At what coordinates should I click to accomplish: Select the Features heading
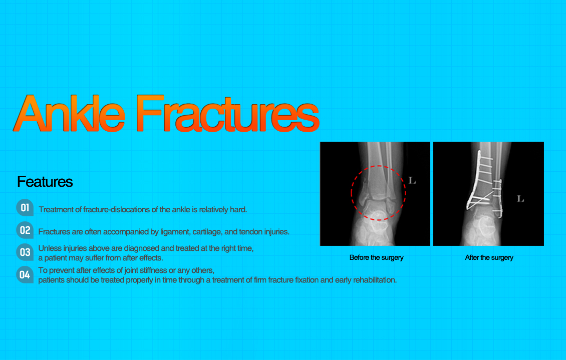45,181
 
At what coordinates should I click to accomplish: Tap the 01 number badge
25,207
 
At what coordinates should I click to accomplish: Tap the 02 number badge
25,230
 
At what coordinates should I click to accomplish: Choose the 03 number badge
25,252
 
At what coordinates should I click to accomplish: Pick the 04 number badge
25,274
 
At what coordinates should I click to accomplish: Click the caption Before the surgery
376,257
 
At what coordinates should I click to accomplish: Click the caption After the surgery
489,257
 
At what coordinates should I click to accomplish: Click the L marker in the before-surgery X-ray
412,180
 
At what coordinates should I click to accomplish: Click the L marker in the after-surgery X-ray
520,199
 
